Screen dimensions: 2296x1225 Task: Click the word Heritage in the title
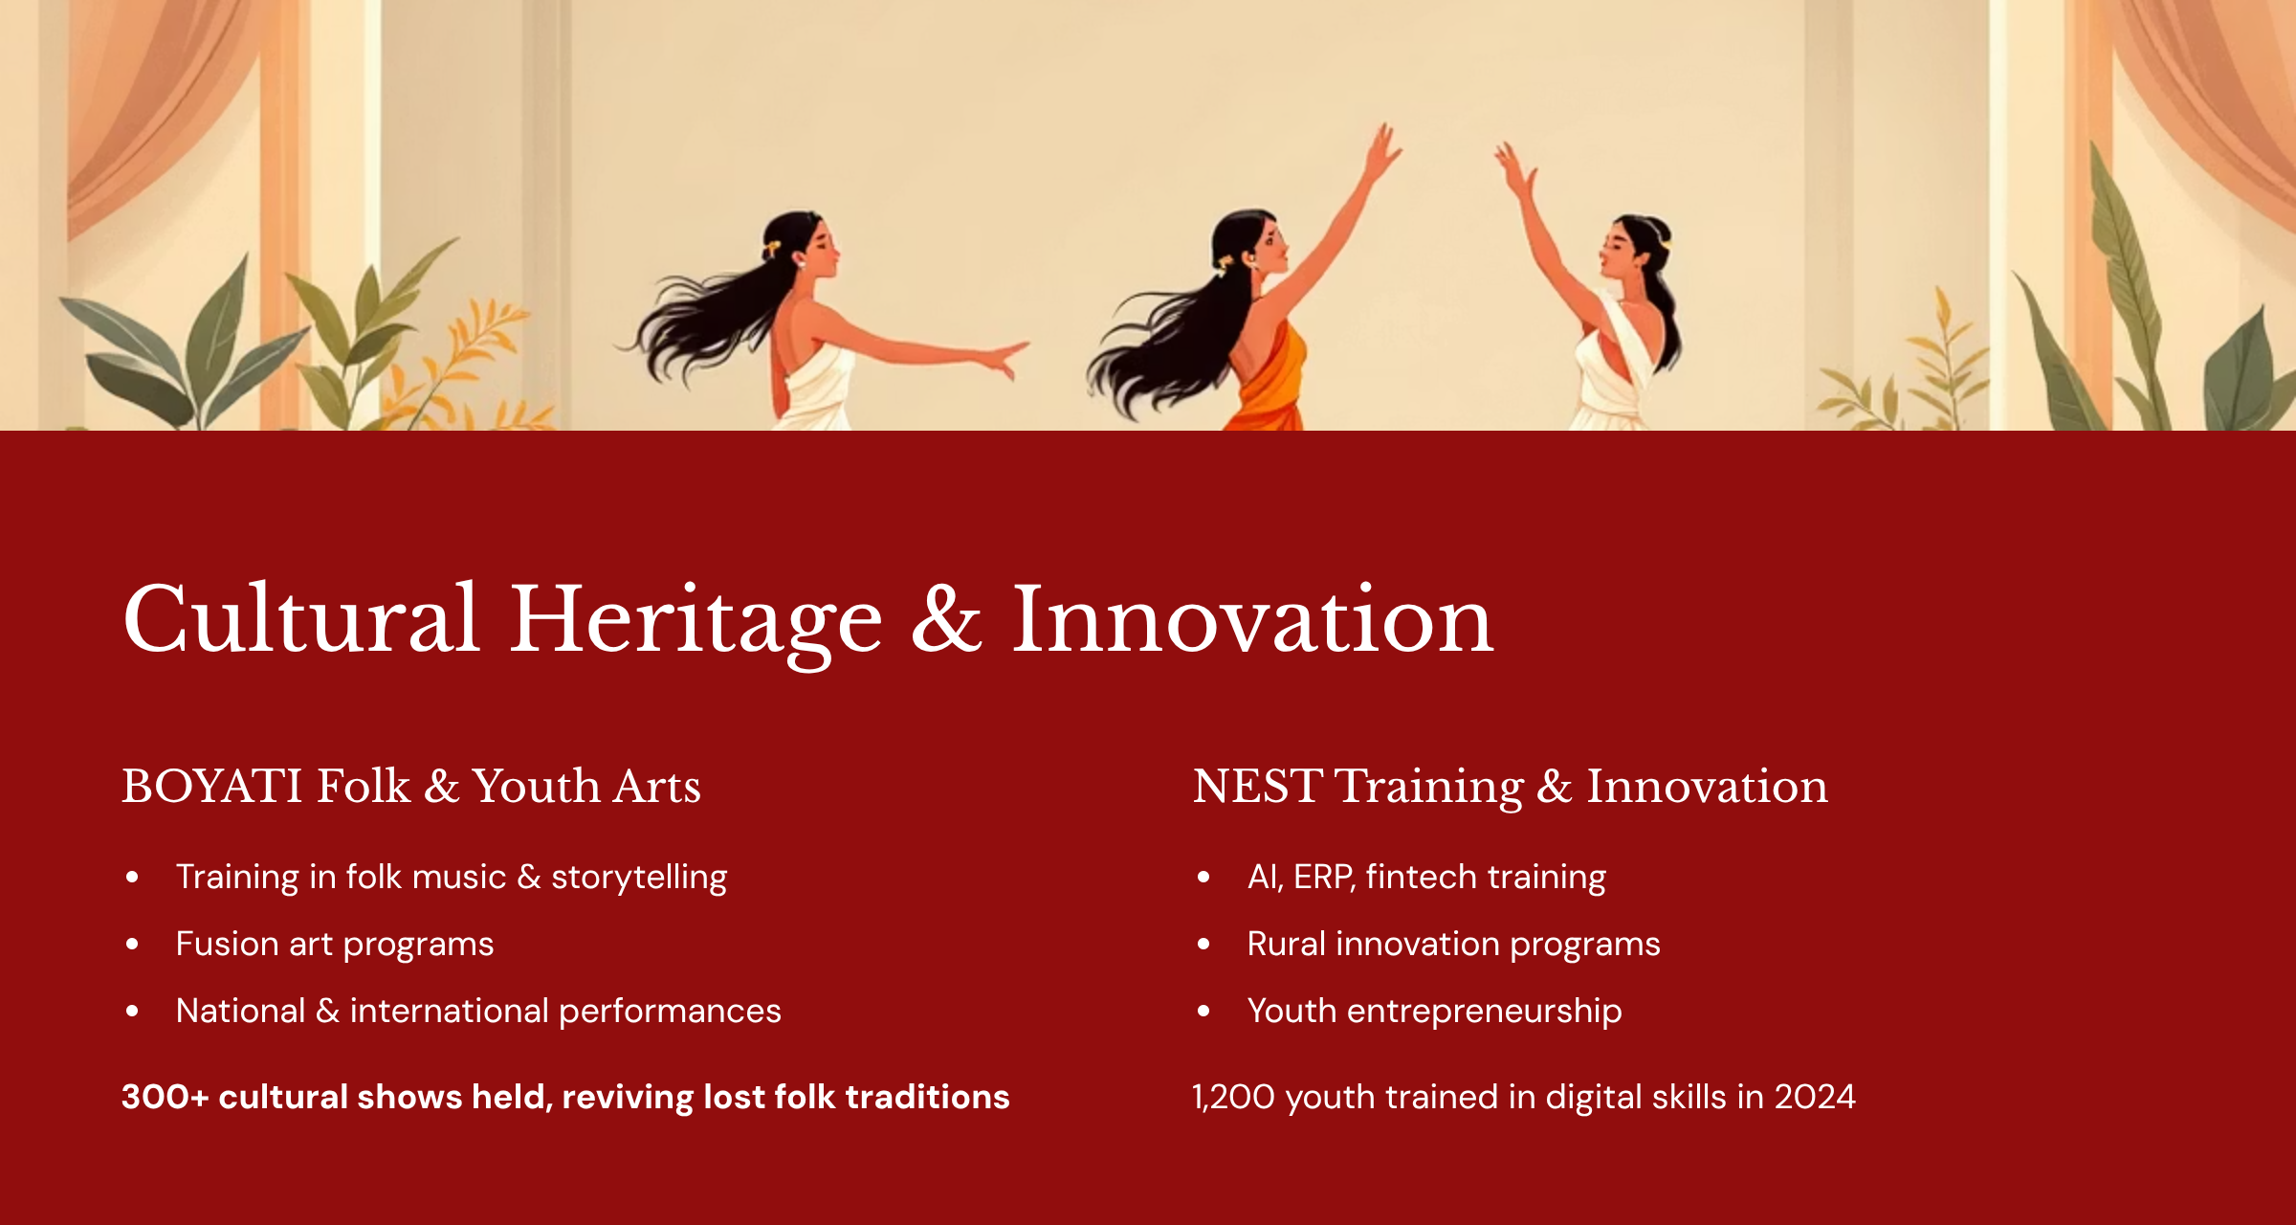(x=695, y=622)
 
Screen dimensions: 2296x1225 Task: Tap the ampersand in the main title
(x=946, y=620)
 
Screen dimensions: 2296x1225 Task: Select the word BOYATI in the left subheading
(x=212, y=786)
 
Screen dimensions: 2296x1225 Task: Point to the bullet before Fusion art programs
(x=132, y=944)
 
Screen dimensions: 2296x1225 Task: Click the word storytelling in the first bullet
(x=639, y=878)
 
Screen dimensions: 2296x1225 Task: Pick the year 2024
(x=1815, y=1097)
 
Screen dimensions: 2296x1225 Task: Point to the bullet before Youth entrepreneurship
(x=1203, y=1011)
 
